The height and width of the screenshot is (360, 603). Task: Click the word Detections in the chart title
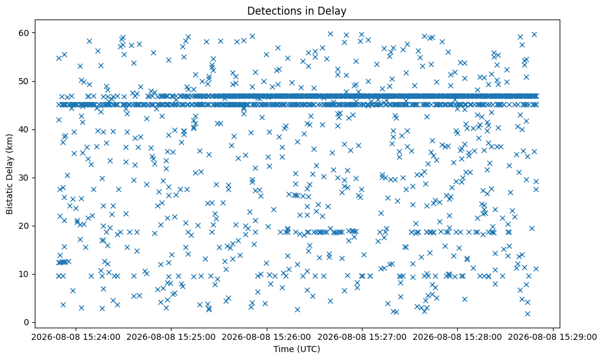point(269,11)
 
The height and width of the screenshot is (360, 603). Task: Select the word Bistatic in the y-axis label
point(10,196)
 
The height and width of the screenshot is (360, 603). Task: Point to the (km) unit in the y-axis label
point(10,143)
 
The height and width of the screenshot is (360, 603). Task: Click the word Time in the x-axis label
point(282,349)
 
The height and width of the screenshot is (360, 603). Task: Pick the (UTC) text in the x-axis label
point(307,349)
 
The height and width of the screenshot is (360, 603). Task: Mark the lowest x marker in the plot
point(527,314)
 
